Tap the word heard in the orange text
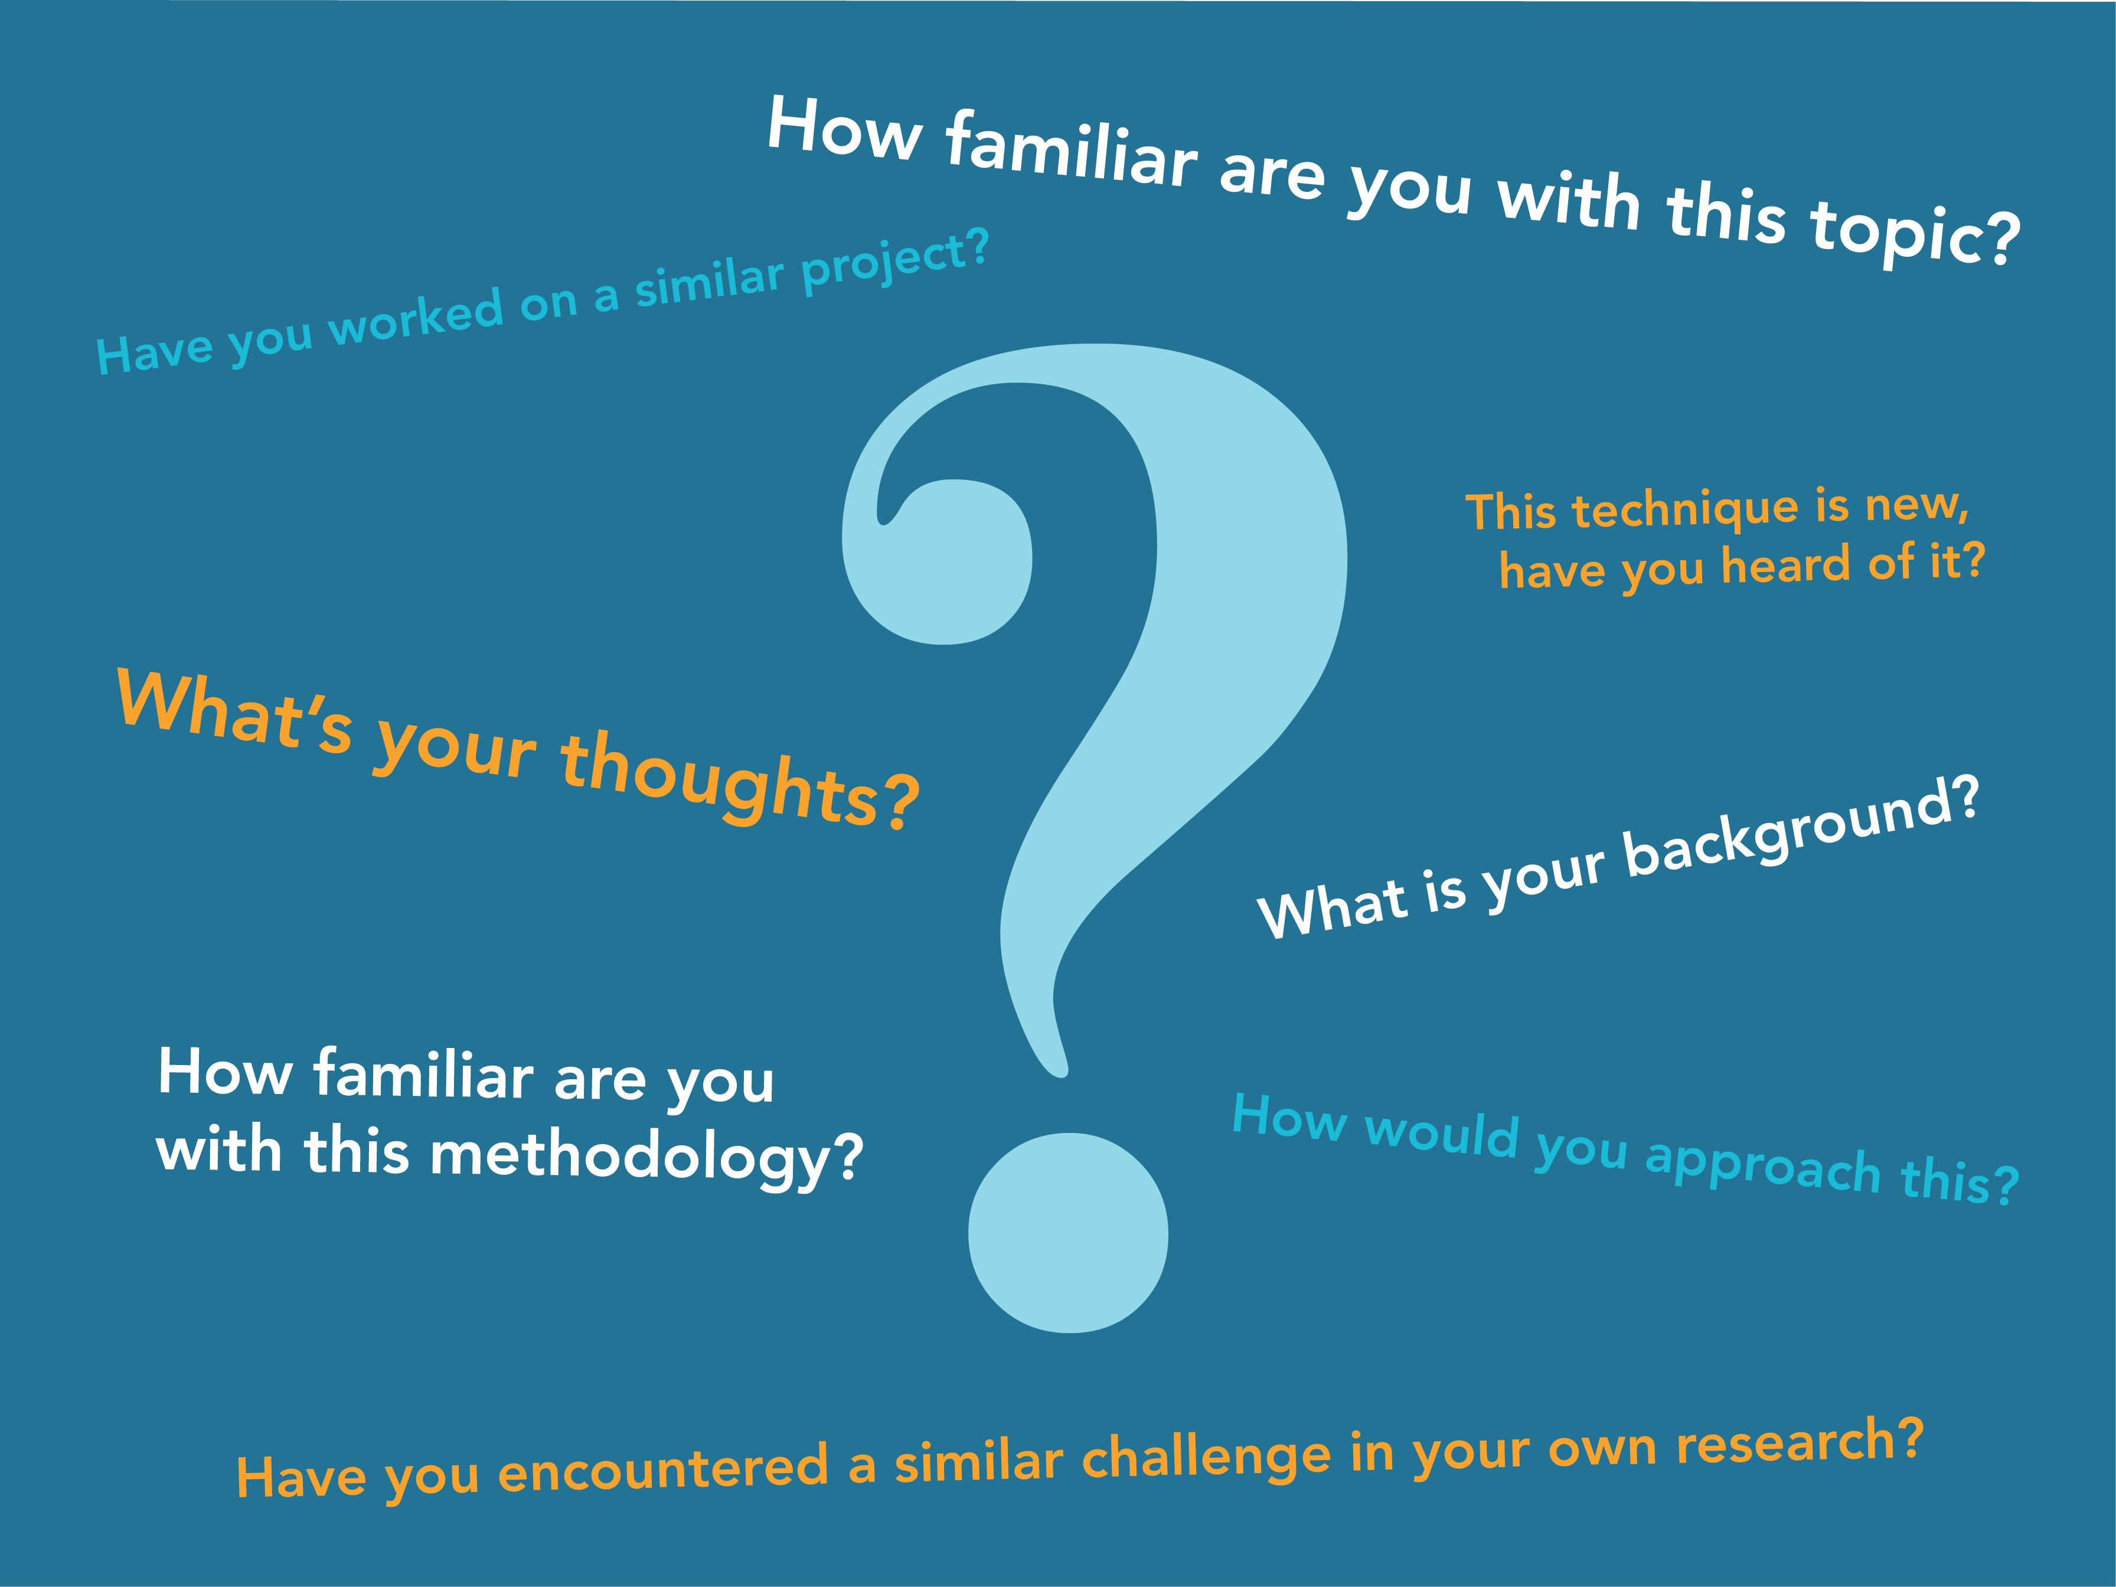click(1785, 566)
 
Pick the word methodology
click(631, 1158)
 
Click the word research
click(1784, 1445)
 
